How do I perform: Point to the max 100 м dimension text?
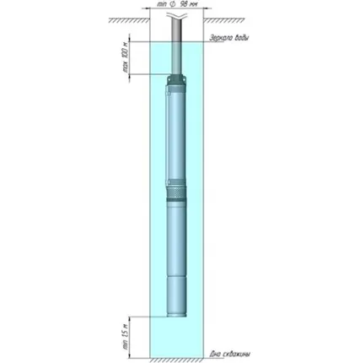123,58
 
